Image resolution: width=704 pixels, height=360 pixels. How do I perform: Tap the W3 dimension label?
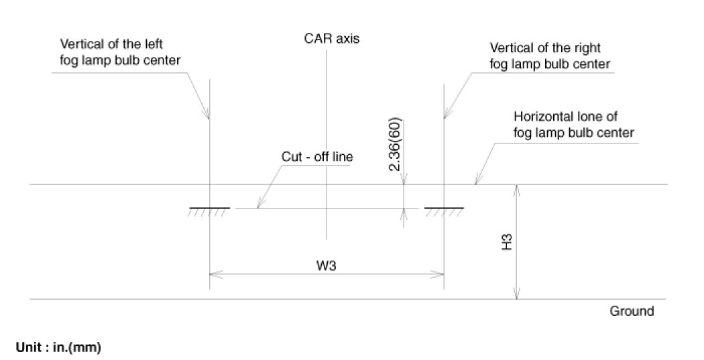point(327,266)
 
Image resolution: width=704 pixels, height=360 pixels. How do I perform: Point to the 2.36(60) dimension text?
point(395,146)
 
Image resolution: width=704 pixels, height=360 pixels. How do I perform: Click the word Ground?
point(632,311)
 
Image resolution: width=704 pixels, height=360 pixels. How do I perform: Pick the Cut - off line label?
point(317,158)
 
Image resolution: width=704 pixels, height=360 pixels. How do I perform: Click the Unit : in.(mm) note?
point(58,348)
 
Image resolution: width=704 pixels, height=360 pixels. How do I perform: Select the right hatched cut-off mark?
point(445,211)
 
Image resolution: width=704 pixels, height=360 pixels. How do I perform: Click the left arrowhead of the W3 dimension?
point(215,274)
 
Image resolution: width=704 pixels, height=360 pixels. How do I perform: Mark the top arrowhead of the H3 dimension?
point(516,190)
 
